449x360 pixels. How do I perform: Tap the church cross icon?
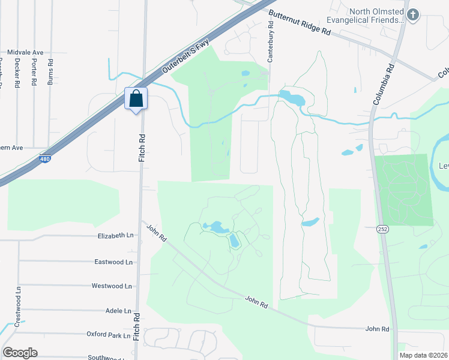412,15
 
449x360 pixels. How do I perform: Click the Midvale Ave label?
25,53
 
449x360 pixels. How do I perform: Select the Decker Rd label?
17,73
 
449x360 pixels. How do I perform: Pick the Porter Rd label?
34,73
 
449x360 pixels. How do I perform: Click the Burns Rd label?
50,71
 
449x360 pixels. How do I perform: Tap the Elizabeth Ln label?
115,236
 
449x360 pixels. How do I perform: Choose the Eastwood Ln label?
113,262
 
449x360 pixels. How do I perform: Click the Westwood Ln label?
111,286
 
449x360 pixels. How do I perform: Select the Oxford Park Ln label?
108,334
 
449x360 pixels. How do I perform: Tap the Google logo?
20,353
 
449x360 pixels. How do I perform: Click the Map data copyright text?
423,355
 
